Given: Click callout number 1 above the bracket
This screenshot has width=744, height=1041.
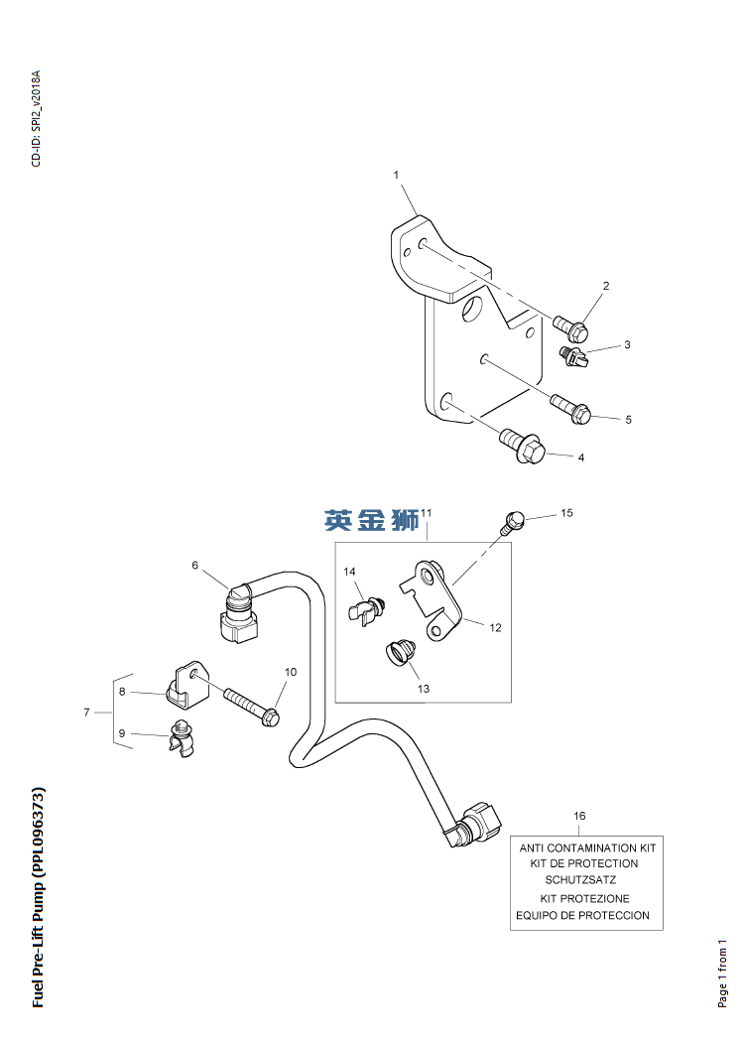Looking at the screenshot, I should pyautogui.click(x=396, y=175).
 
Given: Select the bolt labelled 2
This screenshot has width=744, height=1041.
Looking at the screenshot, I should pyautogui.click(x=571, y=325).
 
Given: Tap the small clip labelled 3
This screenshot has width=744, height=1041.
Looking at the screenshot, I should pyautogui.click(x=575, y=355).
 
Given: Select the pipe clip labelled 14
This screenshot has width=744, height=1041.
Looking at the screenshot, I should pyautogui.click(x=365, y=607).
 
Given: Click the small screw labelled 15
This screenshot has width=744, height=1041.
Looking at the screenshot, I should pyautogui.click(x=512, y=520).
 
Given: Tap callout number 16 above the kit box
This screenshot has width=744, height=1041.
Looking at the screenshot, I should pyautogui.click(x=580, y=816).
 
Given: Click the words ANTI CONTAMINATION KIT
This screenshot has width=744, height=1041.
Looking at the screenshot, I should pyautogui.click(x=588, y=848).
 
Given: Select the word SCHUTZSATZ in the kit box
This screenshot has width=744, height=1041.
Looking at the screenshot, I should pyautogui.click(x=580, y=879).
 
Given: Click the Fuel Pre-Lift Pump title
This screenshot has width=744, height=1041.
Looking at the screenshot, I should pyautogui.click(x=38, y=896).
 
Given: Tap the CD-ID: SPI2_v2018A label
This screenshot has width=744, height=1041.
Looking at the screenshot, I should pyautogui.click(x=37, y=118).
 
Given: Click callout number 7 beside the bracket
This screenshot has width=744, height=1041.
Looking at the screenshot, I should pyautogui.click(x=87, y=712).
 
